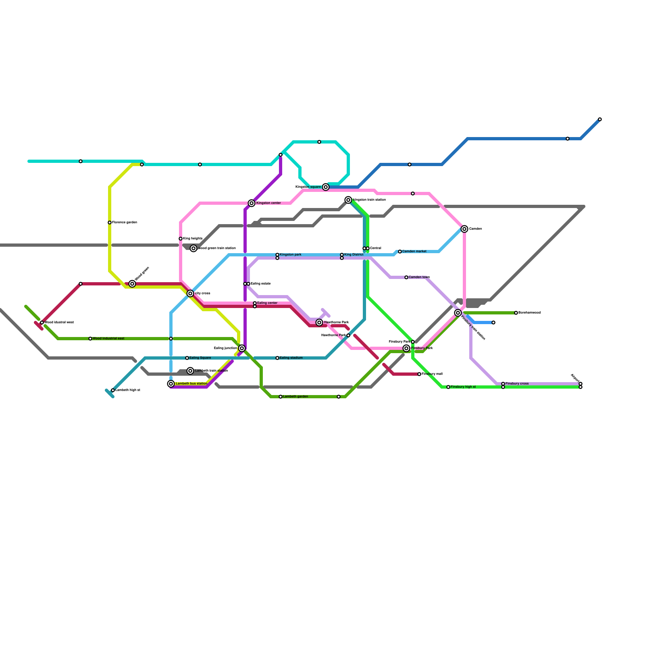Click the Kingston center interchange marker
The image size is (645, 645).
(x=252, y=203)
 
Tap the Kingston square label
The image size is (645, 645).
(x=308, y=187)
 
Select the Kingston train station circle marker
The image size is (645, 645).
(x=348, y=200)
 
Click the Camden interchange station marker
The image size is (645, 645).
(x=464, y=229)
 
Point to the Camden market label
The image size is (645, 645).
(x=414, y=252)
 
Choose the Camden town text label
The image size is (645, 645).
(x=419, y=277)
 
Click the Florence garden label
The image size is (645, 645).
(x=125, y=223)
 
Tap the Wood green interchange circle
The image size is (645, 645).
(x=132, y=284)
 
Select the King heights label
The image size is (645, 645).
(x=193, y=239)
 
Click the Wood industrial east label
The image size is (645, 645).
(x=108, y=339)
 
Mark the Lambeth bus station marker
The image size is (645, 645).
(x=171, y=384)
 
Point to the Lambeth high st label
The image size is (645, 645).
(x=128, y=390)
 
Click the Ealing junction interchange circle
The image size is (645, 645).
(x=242, y=348)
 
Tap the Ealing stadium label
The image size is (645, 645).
(x=291, y=358)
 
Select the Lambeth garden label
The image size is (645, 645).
(x=295, y=397)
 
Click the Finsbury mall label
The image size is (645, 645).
(x=432, y=374)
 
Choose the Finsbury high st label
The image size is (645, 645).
(x=463, y=387)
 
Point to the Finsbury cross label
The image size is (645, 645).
(x=517, y=384)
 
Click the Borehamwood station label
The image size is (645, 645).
(x=529, y=313)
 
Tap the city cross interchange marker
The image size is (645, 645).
(x=190, y=293)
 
